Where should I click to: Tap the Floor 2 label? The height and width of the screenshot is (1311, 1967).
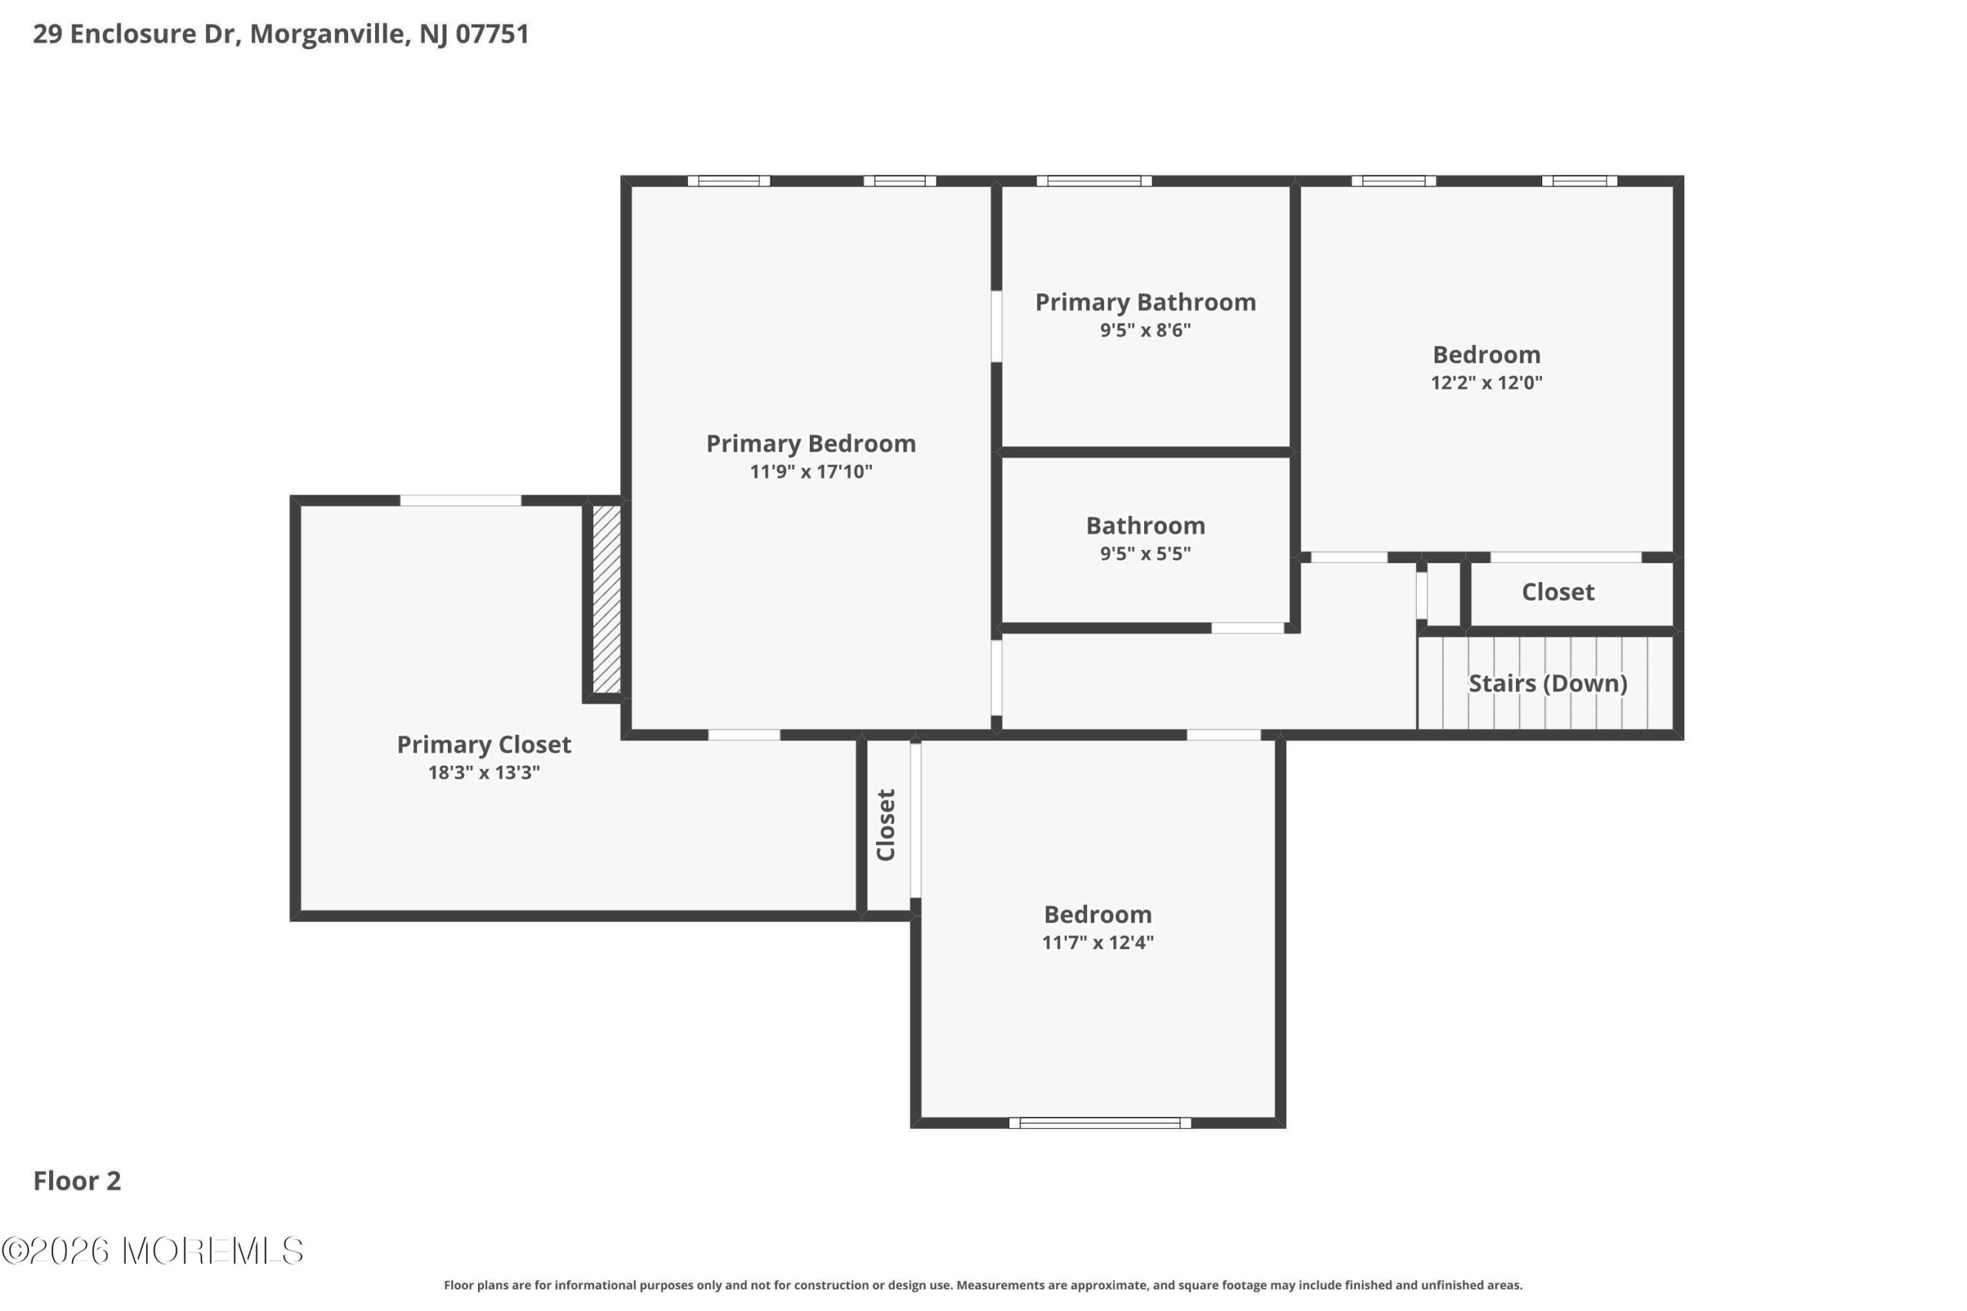77,1180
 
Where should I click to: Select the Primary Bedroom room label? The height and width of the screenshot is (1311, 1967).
811,444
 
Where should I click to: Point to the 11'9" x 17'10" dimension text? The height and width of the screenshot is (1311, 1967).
811,472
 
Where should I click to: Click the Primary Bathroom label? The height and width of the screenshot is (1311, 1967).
1145,303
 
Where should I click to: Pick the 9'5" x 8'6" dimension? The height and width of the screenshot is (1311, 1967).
1145,330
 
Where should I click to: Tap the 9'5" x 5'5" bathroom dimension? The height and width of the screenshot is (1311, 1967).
1145,554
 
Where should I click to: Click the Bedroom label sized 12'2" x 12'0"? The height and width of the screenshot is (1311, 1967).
1486,355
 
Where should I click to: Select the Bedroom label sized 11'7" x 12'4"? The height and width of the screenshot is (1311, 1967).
1097,915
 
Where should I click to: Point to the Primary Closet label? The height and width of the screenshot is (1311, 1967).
483,745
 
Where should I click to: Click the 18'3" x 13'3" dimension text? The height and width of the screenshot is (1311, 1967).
483,773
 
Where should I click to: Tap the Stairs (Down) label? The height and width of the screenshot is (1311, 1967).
1547,684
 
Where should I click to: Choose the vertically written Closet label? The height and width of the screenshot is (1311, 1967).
886,824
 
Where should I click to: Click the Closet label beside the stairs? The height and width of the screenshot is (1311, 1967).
1557,592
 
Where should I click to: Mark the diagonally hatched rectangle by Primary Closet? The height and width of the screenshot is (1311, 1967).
606,600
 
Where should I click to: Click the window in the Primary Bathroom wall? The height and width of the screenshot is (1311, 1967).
1094,180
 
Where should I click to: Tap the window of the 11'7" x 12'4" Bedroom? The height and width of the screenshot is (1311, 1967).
1100,1123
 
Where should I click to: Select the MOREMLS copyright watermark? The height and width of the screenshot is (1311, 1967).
152,1252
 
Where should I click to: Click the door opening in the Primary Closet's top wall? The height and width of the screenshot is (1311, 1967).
460,501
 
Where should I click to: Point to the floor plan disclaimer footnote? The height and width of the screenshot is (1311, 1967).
983,1285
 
